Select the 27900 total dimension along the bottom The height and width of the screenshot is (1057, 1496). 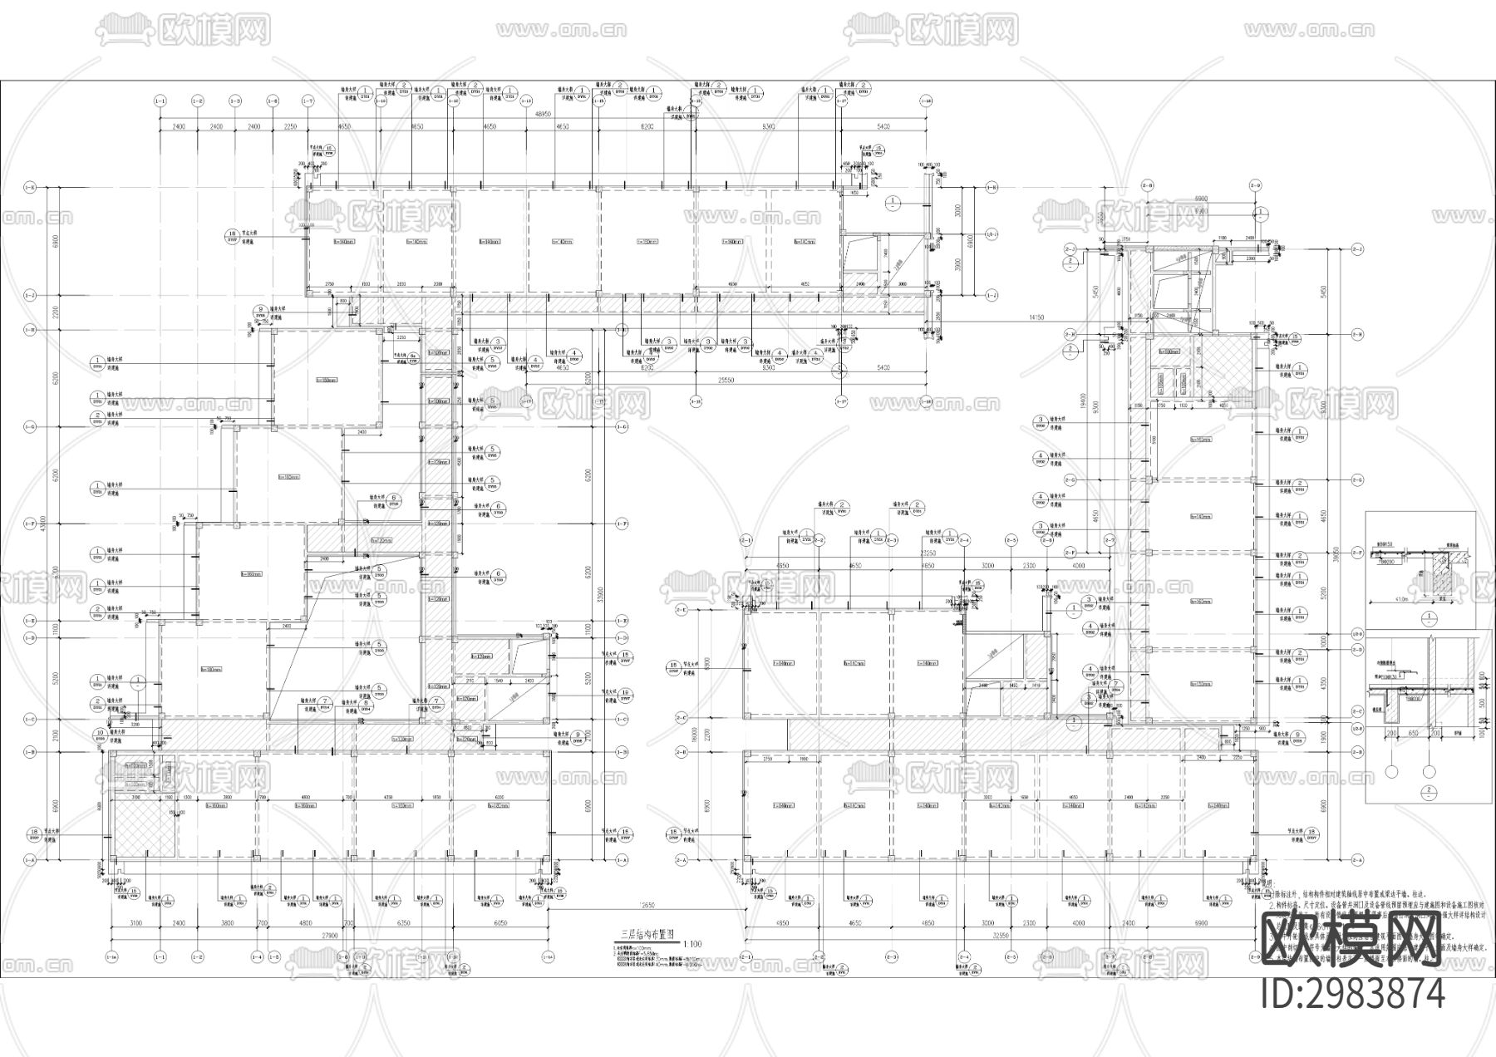point(329,937)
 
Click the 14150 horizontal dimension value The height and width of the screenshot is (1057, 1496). point(1036,317)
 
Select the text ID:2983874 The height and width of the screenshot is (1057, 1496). point(1353,994)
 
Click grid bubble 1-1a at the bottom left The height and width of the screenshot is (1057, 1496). point(113,956)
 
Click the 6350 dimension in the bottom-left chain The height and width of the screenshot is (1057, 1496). point(405,923)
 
